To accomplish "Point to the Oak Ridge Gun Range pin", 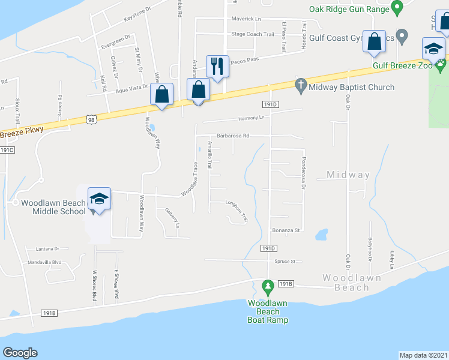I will pyautogui.click(x=396, y=8).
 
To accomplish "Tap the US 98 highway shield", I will pyautogui.click(x=90, y=120).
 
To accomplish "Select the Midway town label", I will pyautogui.click(x=348, y=175).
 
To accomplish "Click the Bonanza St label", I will pyautogui.click(x=286, y=230).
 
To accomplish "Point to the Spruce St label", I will pyautogui.click(x=286, y=262).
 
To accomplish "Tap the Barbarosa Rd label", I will pyautogui.click(x=233, y=136).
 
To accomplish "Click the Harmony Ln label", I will pyautogui.click(x=251, y=118).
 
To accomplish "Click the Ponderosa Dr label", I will pyautogui.click(x=304, y=174).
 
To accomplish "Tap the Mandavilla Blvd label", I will pyautogui.click(x=44, y=262).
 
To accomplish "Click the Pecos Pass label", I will pyautogui.click(x=246, y=59).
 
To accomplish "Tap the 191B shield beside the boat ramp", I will pyautogui.click(x=286, y=283).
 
